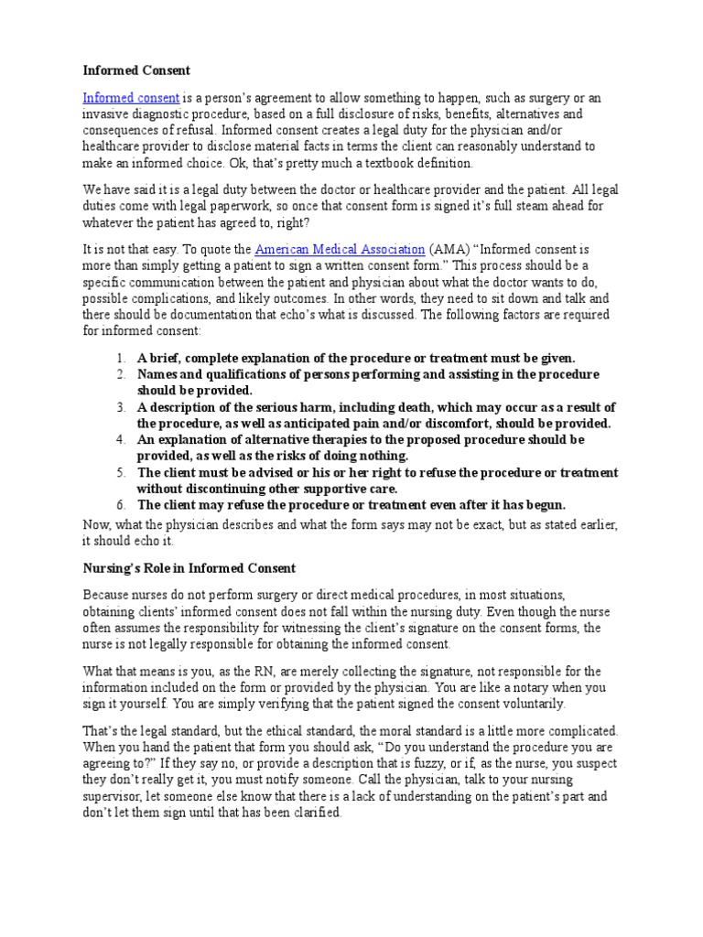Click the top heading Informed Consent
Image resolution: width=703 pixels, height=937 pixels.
138,69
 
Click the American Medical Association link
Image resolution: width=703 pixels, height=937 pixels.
340,249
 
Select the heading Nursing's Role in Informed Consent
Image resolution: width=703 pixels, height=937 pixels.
189,568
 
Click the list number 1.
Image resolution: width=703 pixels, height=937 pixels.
120,358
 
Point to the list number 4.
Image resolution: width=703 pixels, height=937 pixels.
120,440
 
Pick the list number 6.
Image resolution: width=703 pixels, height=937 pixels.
120,505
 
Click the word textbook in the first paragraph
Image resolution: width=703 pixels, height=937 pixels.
371,164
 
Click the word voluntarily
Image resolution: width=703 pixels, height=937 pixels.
534,704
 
